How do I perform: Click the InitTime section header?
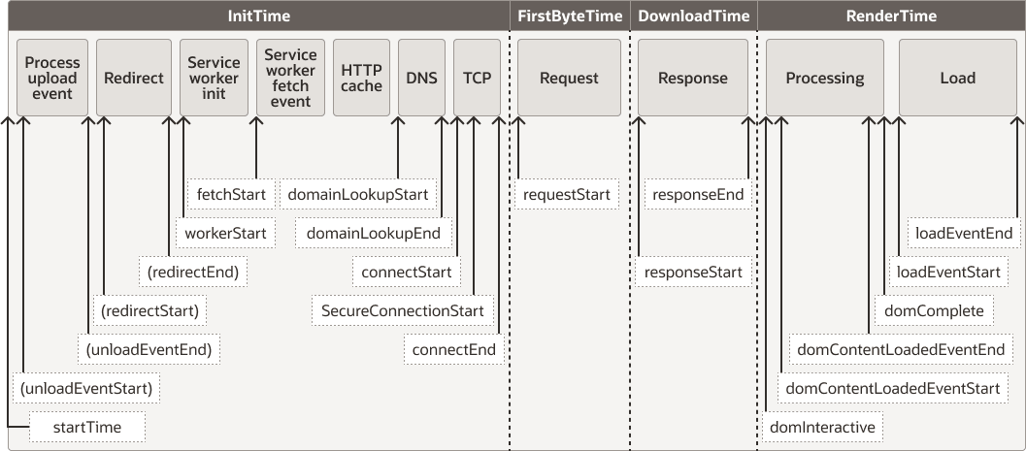(x=258, y=16)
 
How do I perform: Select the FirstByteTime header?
(x=569, y=16)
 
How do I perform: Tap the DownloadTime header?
(x=693, y=16)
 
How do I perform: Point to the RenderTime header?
(x=890, y=16)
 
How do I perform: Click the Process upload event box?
(x=53, y=78)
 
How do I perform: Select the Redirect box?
(x=134, y=78)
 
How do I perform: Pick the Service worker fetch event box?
(x=290, y=78)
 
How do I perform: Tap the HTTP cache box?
(x=362, y=78)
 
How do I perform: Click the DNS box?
(x=422, y=78)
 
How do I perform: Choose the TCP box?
(x=477, y=78)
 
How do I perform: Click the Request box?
(x=569, y=78)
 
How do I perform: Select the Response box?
(x=693, y=78)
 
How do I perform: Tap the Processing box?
(x=825, y=78)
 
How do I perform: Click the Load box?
(x=957, y=78)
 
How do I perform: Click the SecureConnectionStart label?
(x=403, y=310)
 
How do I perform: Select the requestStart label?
(x=566, y=195)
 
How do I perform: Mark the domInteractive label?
(x=821, y=427)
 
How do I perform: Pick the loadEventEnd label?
(x=964, y=233)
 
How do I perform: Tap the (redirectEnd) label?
(x=193, y=273)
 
